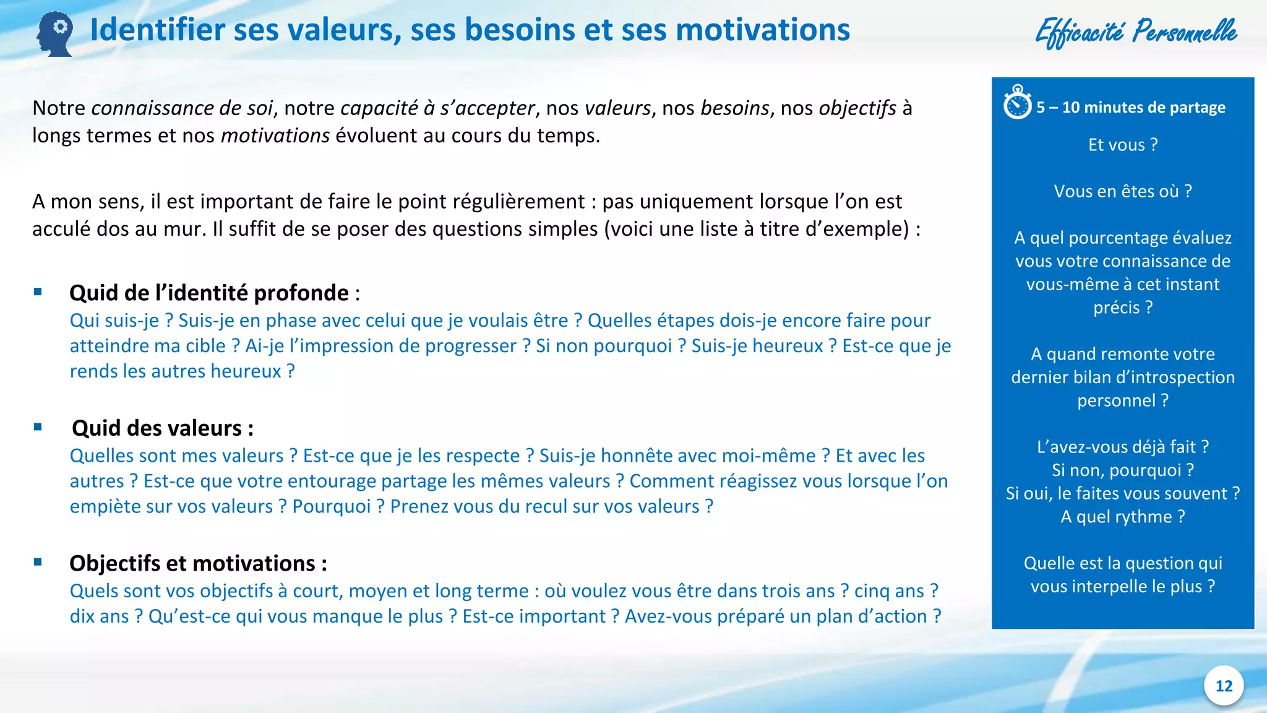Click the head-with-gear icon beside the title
pos(55,34)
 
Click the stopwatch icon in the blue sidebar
pos(1017,103)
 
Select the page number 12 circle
pos(1224,686)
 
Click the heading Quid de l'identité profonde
pos(209,293)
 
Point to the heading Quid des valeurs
pos(162,428)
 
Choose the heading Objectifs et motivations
pos(197,563)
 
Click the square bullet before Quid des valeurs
pos(38,427)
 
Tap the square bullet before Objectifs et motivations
pos(38,562)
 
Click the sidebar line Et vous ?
pos(1123,145)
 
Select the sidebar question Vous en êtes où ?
pos(1123,191)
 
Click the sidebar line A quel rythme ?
pos(1123,517)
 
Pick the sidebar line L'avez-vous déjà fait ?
pos(1123,447)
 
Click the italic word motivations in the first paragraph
pos(275,136)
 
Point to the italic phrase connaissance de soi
pos(182,108)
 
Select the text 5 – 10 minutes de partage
pos(1131,108)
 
